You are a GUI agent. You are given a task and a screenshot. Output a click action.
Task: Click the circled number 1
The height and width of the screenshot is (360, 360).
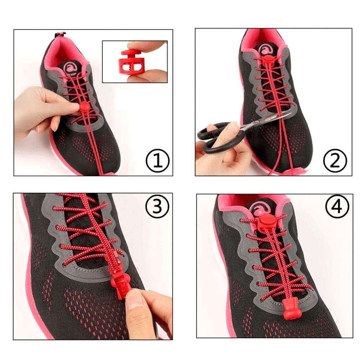point(157,161)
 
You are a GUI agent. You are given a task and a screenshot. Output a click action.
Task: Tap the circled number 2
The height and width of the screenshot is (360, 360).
point(335,161)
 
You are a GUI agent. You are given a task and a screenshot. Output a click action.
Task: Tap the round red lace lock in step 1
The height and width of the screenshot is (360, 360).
point(84,107)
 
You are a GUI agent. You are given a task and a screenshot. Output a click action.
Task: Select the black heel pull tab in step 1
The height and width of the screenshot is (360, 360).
point(60,35)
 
